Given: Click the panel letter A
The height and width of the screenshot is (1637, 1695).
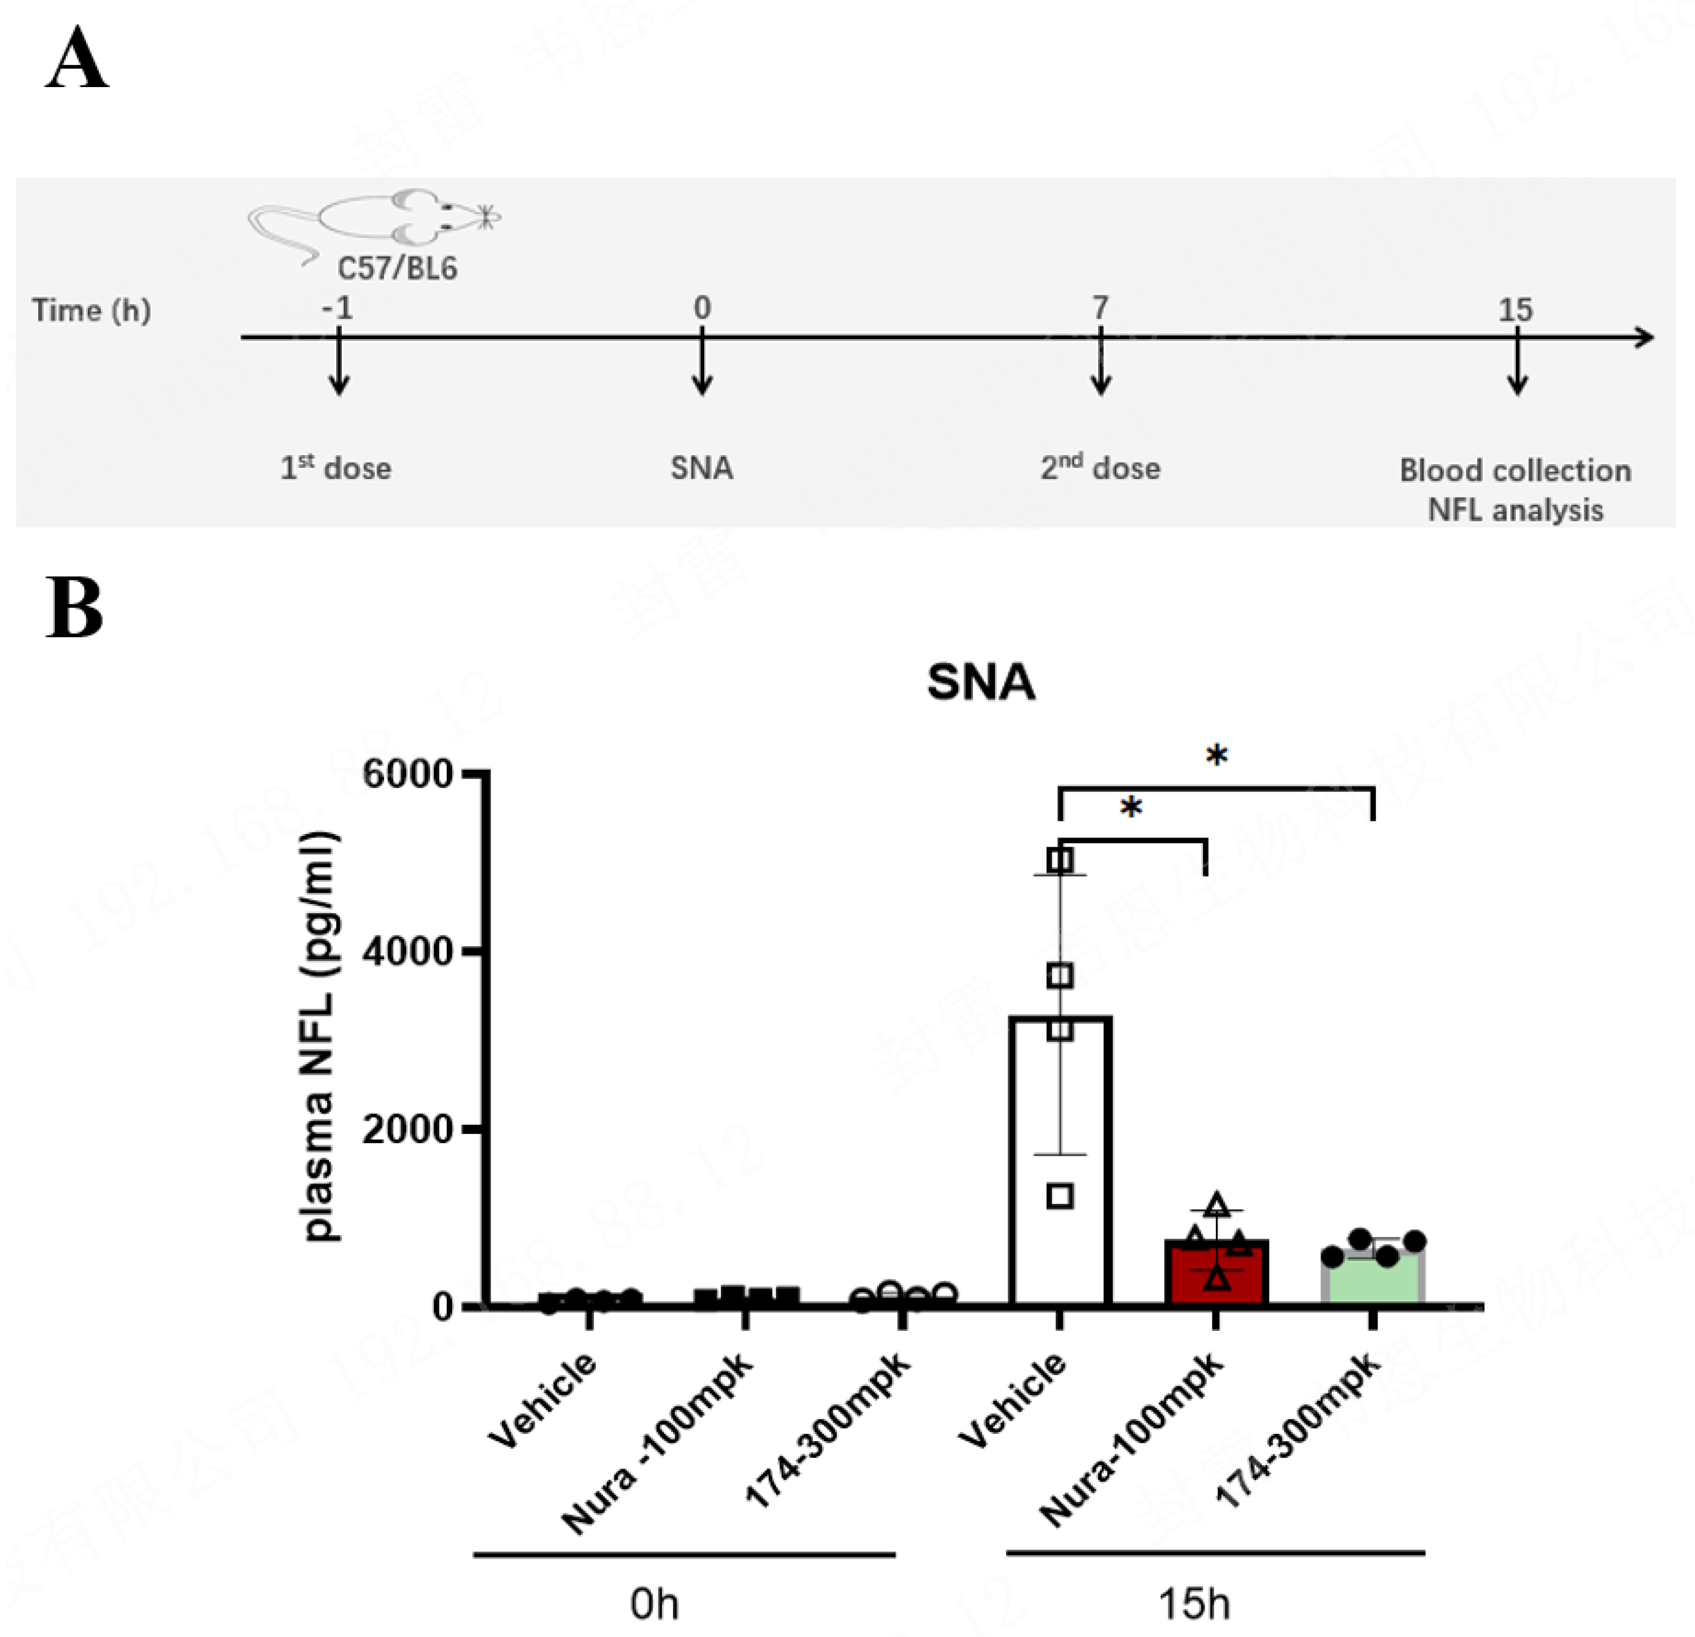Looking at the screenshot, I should click(77, 58).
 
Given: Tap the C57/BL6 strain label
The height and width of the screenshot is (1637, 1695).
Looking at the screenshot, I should click(397, 269).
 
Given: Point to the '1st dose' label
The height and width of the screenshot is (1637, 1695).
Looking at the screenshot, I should click(336, 468).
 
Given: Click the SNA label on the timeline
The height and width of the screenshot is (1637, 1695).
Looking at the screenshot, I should click(702, 468).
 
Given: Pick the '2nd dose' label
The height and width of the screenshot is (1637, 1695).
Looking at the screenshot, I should click(1100, 468).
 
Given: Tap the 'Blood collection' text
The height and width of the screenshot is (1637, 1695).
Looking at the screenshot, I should click(1515, 471).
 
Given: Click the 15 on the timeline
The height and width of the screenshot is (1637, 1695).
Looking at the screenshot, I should click(1515, 310).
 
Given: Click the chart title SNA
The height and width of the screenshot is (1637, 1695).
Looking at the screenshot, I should click(981, 682).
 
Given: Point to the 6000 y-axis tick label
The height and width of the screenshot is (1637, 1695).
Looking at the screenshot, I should click(407, 774).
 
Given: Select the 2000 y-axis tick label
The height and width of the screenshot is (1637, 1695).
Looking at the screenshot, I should click(407, 1129).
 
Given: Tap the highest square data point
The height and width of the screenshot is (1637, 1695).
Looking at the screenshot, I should click(1060, 860).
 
